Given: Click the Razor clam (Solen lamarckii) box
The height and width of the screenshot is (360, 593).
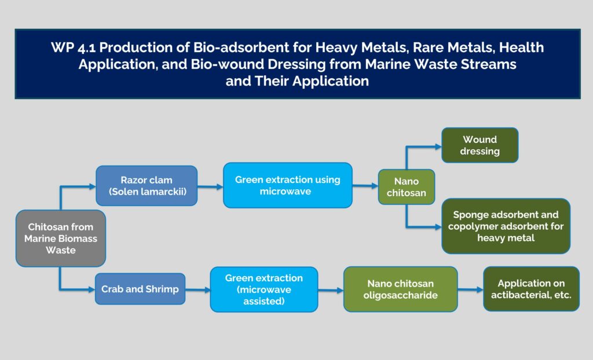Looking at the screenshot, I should (147, 186).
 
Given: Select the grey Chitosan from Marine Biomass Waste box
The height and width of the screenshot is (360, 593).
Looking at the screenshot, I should (61, 238).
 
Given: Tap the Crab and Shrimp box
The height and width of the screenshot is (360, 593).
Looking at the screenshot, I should (140, 289).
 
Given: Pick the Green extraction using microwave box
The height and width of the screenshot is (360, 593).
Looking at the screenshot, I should (287, 186).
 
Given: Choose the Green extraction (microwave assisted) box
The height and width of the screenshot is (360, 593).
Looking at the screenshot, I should (263, 289).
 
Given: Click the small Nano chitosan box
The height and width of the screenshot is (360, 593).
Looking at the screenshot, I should (406, 187).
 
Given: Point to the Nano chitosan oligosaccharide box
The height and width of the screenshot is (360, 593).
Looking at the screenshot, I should (400, 289).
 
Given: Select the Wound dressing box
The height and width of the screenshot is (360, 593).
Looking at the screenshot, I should (480, 145).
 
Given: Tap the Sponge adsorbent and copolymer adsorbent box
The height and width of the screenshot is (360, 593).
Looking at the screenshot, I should (506, 226).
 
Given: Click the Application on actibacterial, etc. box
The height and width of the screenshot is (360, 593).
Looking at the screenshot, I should (531, 289).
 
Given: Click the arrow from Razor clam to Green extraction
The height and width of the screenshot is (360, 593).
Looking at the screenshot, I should (210, 186).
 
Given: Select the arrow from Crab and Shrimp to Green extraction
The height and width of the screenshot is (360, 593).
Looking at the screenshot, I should (197, 290).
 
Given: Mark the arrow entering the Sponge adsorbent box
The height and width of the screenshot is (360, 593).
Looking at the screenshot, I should (429, 226).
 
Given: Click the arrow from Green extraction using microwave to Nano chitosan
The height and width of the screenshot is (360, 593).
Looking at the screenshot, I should (365, 186).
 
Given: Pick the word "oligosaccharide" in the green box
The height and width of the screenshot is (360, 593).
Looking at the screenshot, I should (401, 295).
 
